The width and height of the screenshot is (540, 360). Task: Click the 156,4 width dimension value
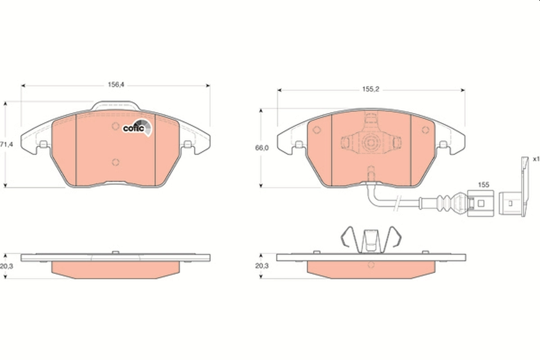116,84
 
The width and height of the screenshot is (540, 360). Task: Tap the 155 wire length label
483,184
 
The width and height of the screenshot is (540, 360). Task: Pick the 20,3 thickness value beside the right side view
261,266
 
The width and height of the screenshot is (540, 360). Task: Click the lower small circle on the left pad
115,162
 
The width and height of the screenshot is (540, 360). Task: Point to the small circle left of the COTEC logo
115,126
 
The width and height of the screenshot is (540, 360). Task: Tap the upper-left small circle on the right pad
316,130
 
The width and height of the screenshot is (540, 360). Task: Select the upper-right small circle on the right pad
425,130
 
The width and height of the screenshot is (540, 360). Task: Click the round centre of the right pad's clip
371,143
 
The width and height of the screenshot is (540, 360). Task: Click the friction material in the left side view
116,270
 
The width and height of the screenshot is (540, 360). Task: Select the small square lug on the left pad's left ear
44,144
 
